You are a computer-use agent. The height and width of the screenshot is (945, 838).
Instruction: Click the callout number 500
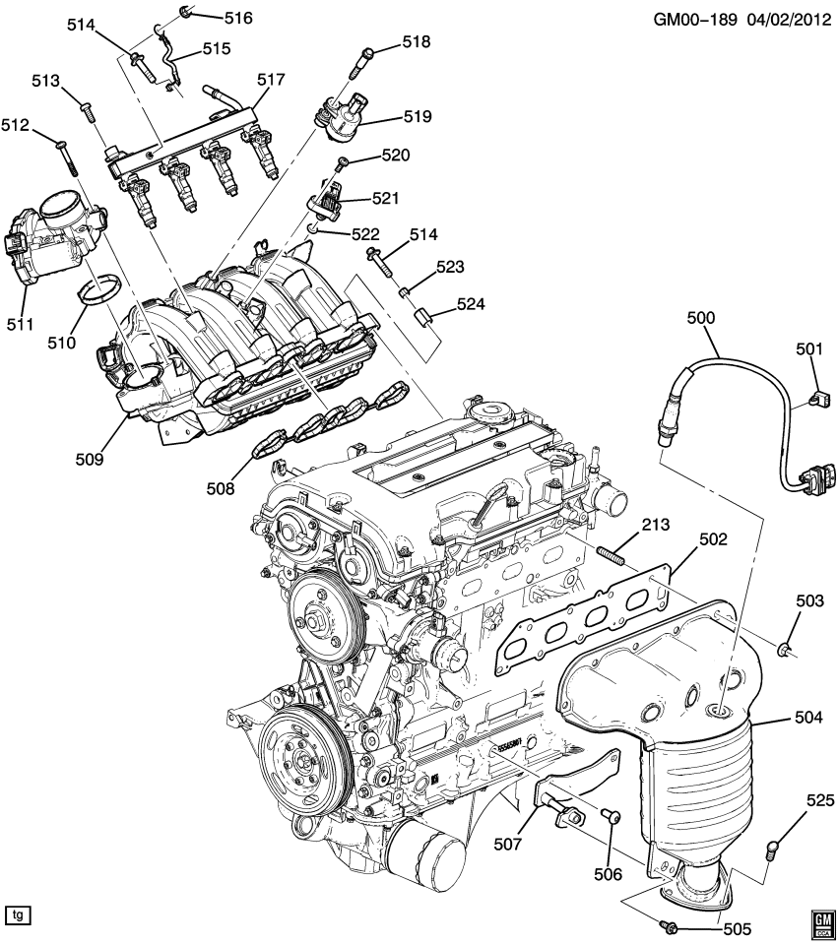pyautogui.click(x=702, y=318)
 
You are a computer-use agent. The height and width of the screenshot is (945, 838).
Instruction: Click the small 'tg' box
pyautogui.click(x=18, y=914)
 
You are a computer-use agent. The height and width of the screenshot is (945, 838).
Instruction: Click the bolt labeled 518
pyautogui.click(x=358, y=63)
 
